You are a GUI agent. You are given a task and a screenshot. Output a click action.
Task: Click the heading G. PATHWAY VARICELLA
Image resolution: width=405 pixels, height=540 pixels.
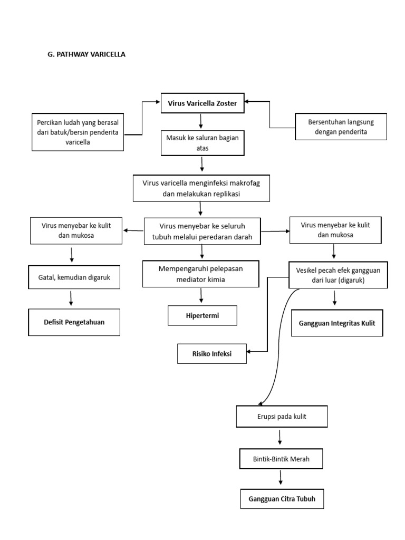(x=86, y=54)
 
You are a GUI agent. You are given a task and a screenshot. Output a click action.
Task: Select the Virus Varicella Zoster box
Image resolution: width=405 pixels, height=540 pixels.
(x=202, y=104)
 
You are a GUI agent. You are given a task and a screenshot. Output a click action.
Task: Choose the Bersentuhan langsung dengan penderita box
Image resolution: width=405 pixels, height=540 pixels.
(x=341, y=127)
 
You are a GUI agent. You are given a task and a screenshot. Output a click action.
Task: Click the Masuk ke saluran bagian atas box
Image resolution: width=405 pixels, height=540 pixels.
(x=202, y=143)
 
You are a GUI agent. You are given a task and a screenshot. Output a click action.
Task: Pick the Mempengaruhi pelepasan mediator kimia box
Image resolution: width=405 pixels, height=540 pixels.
(x=200, y=274)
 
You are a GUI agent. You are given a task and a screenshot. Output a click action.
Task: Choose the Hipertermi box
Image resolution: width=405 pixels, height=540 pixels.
(x=202, y=315)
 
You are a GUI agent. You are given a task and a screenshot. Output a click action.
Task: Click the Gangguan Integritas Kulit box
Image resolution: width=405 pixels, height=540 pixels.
(x=337, y=323)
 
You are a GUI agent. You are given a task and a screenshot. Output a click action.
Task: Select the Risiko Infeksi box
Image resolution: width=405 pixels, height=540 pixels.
(x=212, y=354)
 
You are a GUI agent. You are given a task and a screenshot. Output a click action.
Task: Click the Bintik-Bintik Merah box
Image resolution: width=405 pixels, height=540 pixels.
(x=281, y=459)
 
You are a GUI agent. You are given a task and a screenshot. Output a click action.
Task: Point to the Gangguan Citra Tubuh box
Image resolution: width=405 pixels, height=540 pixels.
(x=282, y=499)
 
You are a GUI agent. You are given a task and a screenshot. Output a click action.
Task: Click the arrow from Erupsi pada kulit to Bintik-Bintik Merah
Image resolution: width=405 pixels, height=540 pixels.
(x=279, y=437)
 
